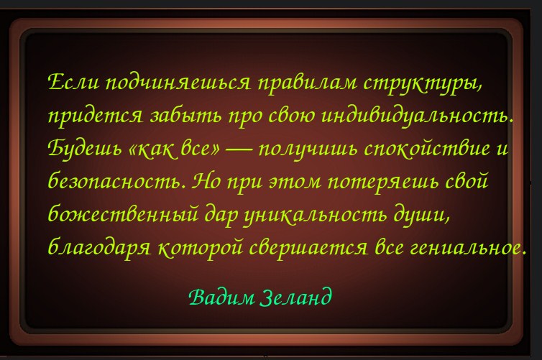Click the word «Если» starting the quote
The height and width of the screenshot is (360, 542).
(x=73, y=82)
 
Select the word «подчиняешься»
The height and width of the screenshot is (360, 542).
(x=178, y=83)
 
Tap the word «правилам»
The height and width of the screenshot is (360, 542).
(x=308, y=83)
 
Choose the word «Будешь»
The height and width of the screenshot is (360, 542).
(x=85, y=149)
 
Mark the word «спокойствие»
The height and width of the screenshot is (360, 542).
(x=427, y=149)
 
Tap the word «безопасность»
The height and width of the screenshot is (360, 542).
(x=114, y=180)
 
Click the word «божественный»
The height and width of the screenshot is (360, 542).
(x=123, y=213)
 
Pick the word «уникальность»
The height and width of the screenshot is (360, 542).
(x=316, y=215)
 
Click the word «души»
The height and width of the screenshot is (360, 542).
(x=419, y=215)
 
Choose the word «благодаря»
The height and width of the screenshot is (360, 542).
(x=99, y=247)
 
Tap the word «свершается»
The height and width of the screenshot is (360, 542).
(x=308, y=248)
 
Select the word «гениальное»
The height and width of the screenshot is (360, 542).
(x=465, y=247)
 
